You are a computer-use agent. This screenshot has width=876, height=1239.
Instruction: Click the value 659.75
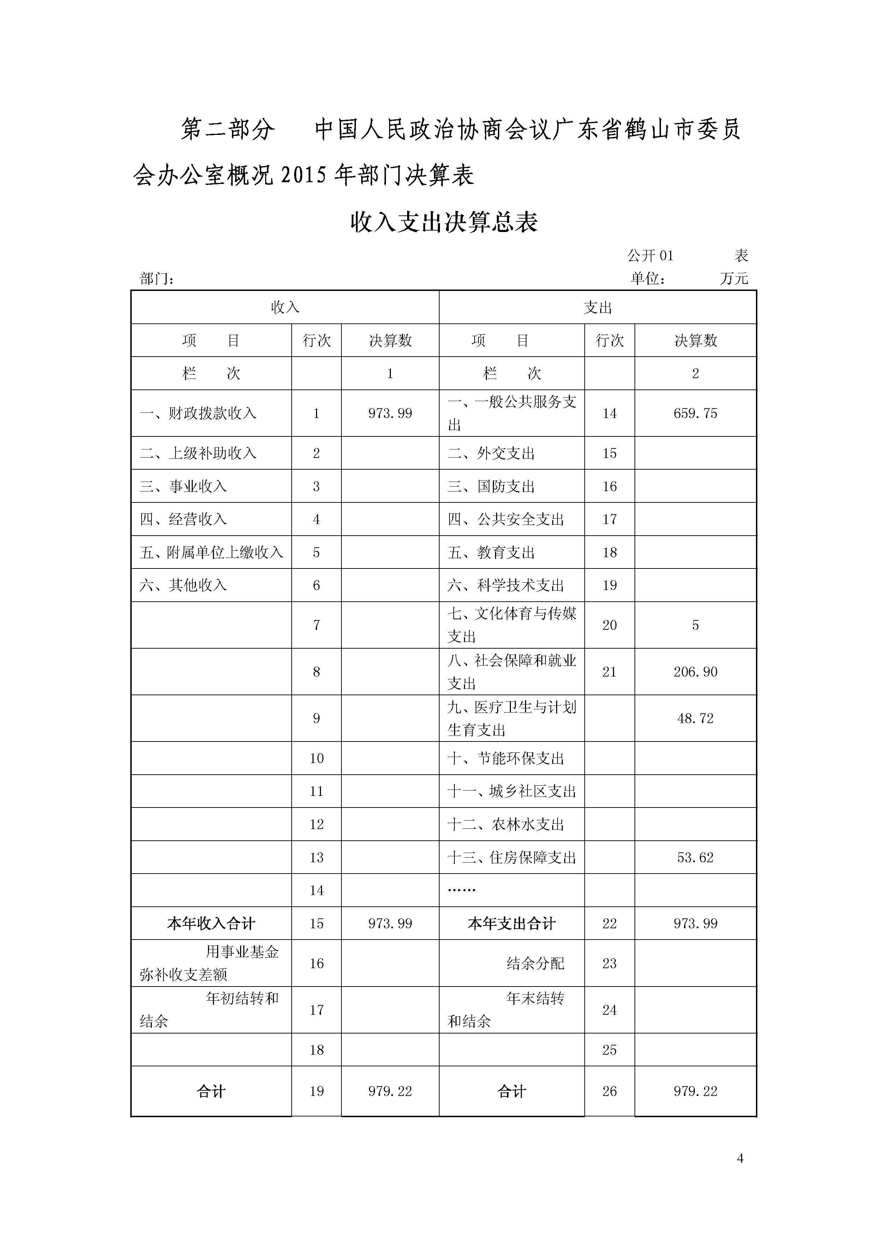tap(695, 413)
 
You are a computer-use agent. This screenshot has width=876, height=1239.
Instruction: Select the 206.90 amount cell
tap(695, 672)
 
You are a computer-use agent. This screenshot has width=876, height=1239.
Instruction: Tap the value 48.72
tap(695, 718)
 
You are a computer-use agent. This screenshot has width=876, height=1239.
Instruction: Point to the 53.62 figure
tap(695, 857)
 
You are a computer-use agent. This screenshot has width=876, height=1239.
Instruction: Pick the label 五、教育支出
tap(491, 553)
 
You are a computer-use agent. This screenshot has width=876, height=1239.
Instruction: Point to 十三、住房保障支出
tap(512, 857)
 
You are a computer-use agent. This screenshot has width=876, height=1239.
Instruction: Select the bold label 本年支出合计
tap(512, 923)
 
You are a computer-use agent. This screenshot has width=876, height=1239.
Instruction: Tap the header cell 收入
tap(285, 308)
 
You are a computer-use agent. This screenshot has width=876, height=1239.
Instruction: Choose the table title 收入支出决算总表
tap(444, 222)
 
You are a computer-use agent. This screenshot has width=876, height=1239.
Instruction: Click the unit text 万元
tap(734, 279)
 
